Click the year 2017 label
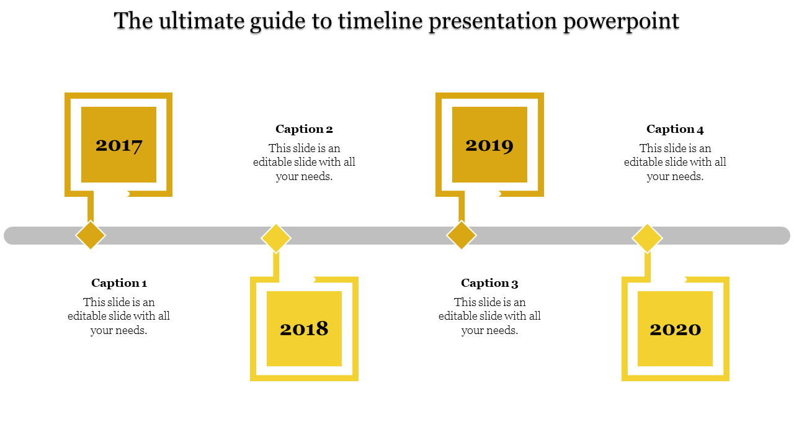(118, 145)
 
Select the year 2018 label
(304, 328)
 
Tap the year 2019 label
(489, 145)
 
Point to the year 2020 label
(676, 329)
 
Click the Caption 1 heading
(118, 282)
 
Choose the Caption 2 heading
(304, 129)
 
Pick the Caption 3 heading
(489, 282)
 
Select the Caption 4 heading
(675, 129)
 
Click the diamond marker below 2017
(91, 235)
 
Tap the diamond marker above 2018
(276, 238)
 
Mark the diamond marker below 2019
(462, 235)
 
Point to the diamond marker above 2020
(647, 238)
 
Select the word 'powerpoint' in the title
(621, 22)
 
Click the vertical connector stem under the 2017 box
(91, 209)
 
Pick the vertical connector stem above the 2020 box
(647, 264)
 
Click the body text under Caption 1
(118, 316)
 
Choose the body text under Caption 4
(675, 162)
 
